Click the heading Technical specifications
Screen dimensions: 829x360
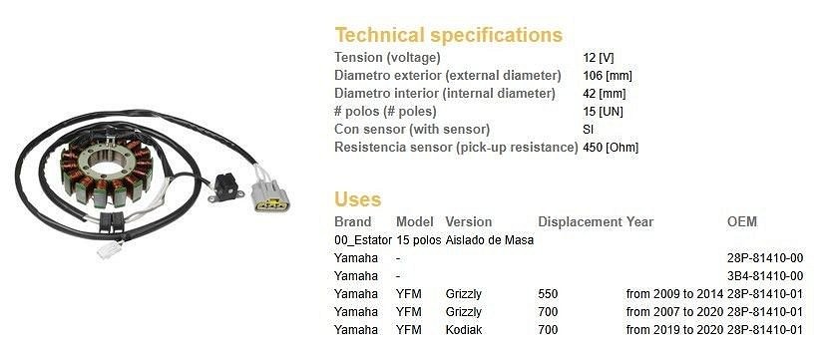448,35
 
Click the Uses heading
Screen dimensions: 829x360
357,199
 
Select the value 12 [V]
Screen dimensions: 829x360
599,58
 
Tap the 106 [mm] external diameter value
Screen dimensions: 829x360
608,76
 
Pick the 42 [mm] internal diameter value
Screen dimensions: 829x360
605,94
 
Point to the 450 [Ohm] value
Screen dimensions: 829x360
611,148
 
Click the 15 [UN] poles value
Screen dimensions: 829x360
603,112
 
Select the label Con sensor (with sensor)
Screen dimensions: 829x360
412,130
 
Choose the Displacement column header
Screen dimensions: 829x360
580,222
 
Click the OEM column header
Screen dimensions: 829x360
742,222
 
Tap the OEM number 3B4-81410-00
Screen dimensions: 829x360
765,276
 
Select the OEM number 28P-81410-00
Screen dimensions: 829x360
765,258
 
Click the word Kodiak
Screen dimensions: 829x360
464,330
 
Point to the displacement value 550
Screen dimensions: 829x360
548,294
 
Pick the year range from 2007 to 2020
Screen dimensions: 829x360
674,312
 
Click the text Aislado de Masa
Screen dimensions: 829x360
490,240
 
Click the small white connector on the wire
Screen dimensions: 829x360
110,249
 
